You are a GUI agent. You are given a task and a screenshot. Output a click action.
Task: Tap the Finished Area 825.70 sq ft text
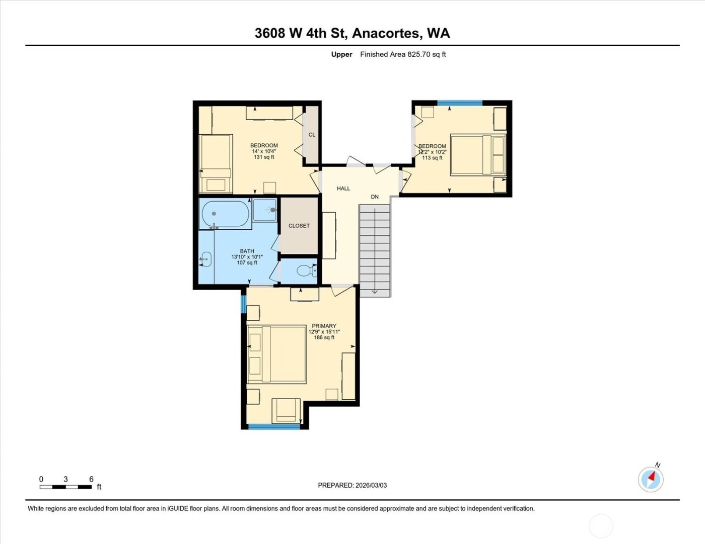[403, 54]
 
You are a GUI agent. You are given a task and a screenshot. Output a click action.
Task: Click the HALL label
[343, 189]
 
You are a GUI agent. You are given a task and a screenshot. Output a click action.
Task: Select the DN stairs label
[375, 197]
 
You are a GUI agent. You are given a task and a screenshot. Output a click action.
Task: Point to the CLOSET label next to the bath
[299, 226]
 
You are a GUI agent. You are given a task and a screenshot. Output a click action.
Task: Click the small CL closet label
[312, 135]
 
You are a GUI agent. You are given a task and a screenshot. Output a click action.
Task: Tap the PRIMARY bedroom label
[324, 326]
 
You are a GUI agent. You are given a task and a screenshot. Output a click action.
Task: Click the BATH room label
[247, 251]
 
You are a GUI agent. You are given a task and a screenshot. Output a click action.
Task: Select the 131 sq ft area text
[264, 157]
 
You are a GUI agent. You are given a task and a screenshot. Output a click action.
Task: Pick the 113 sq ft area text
[432, 158]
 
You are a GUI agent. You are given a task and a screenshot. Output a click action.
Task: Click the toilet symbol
[305, 271]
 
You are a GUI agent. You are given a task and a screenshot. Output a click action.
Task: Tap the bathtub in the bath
[225, 214]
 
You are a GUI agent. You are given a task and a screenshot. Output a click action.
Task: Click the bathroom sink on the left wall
[205, 259]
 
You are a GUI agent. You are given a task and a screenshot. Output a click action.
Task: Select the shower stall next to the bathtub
[265, 210]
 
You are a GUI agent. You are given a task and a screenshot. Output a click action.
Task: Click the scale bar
[65, 487]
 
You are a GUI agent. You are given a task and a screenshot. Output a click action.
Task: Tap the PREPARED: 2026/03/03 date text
[352, 485]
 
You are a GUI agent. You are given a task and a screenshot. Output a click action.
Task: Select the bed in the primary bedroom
[277, 354]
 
